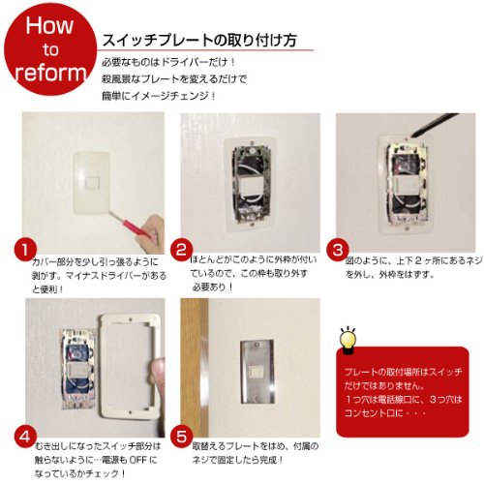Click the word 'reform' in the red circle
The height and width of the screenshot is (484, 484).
point(50,73)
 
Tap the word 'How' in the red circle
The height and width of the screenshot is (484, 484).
point(49,25)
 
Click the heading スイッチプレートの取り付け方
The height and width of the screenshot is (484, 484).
point(199,41)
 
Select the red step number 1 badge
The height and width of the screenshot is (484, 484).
point(25,250)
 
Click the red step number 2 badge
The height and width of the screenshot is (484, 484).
point(181,250)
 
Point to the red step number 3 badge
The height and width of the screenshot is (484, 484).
point(338,250)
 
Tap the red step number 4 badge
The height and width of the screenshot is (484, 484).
point(25,437)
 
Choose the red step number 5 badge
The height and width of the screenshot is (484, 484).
point(181,437)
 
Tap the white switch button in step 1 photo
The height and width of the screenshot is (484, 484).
point(91,183)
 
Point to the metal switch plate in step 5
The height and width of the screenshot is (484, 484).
point(257,371)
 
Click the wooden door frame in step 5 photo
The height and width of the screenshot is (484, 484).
point(195,368)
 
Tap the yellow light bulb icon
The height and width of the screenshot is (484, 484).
point(348,341)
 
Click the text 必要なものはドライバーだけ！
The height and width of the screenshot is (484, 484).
point(168,62)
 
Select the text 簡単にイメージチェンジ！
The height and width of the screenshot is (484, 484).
point(159,96)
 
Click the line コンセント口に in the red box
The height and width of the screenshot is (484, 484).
point(374,413)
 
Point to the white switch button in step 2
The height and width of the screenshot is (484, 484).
point(251,188)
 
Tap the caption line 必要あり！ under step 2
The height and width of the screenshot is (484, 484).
point(213,287)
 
